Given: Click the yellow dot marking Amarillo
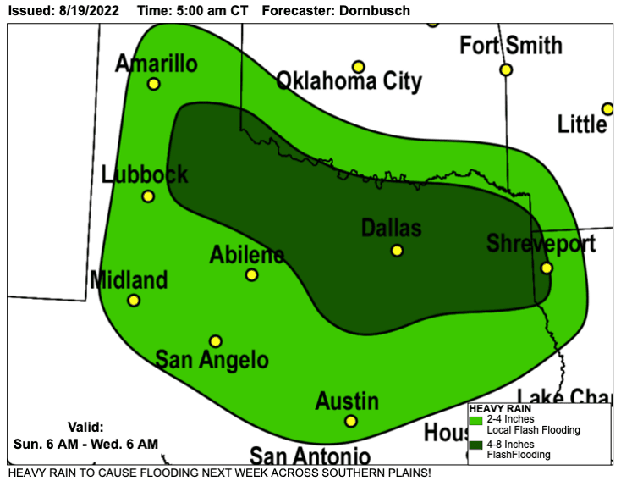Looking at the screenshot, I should (x=153, y=84).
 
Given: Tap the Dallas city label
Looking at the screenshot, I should (x=391, y=228).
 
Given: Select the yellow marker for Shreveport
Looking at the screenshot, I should (x=547, y=268).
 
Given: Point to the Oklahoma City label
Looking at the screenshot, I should (x=349, y=81).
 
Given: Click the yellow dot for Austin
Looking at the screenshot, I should (x=351, y=421).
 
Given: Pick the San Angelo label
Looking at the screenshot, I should (x=212, y=360).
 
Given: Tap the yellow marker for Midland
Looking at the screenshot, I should (x=134, y=301).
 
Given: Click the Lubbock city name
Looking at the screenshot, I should (x=145, y=175).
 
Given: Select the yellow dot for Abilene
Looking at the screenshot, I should (x=251, y=274).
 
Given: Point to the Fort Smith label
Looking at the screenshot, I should (x=511, y=45).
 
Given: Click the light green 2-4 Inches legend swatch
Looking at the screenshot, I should (x=475, y=420).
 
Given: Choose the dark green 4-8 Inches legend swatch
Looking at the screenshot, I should (x=475, y=445).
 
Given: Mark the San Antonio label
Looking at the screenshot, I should (x=310, y=455).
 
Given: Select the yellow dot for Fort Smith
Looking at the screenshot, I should (x=506, y=69).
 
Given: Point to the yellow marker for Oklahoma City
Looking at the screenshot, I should (x=359, y=66).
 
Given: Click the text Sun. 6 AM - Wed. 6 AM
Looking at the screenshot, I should (x=85, y=444).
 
